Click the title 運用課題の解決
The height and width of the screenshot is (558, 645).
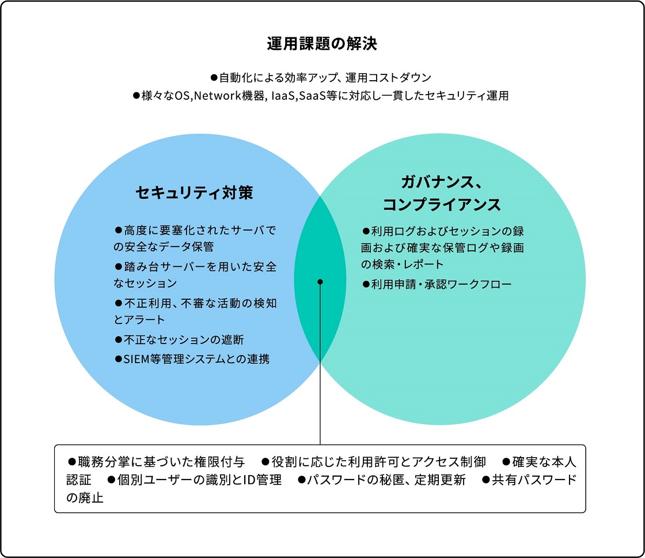pos(322,44)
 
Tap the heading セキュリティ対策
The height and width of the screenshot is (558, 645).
pos(194,193)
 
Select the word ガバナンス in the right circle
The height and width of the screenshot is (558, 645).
pos(437,182)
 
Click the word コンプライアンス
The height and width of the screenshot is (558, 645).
pos(442,205)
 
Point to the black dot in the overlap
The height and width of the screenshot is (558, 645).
pos(320,282)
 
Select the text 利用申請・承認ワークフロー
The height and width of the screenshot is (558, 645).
pos(441,284)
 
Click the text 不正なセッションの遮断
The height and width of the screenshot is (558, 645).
pos(184,340)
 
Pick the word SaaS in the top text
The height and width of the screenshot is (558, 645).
pos(312,96)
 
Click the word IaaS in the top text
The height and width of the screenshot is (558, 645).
pos(283,96)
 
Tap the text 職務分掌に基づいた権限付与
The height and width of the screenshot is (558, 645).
pos(161,462)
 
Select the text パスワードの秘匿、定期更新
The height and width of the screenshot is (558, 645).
pos(386,480)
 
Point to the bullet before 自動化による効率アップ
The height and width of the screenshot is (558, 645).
pos(214,77)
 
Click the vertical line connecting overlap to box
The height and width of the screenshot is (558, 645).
pos(320,363)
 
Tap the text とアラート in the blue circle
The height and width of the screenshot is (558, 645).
pos(139,319)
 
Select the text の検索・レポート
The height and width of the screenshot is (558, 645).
pos(403,264)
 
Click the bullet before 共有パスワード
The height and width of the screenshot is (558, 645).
pos(486,480)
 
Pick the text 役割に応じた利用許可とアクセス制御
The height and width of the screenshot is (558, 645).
pos(379,462)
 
